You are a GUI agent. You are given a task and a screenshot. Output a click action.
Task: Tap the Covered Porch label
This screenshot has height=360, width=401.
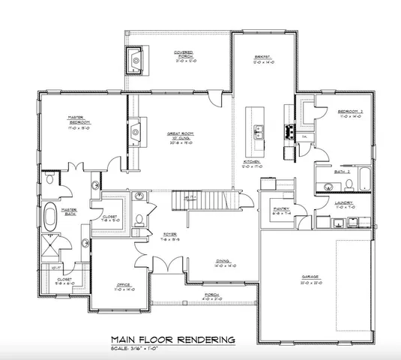point(184,54)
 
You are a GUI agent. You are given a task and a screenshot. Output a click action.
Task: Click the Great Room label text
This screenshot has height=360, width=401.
point(182,134)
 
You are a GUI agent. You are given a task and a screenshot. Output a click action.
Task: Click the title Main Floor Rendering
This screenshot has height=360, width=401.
point(172,339)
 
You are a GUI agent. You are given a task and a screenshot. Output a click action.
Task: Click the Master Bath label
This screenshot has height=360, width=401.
point(69,212)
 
